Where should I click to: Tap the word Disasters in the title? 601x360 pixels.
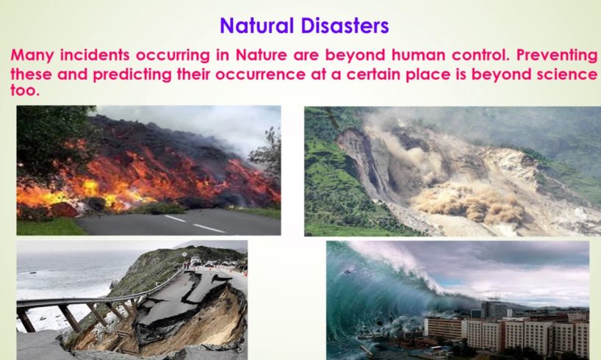coord(345,26)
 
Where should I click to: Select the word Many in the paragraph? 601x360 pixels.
coord(32,56)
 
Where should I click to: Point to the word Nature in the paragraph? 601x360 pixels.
coord(261,55)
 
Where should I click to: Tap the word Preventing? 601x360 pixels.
coord(556,56)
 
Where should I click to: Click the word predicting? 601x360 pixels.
coord(132,75)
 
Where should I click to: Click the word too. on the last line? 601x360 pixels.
coord(25,90)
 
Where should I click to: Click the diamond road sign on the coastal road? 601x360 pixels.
coord(184,254)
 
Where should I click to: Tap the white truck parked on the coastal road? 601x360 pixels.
coord(195,261)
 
